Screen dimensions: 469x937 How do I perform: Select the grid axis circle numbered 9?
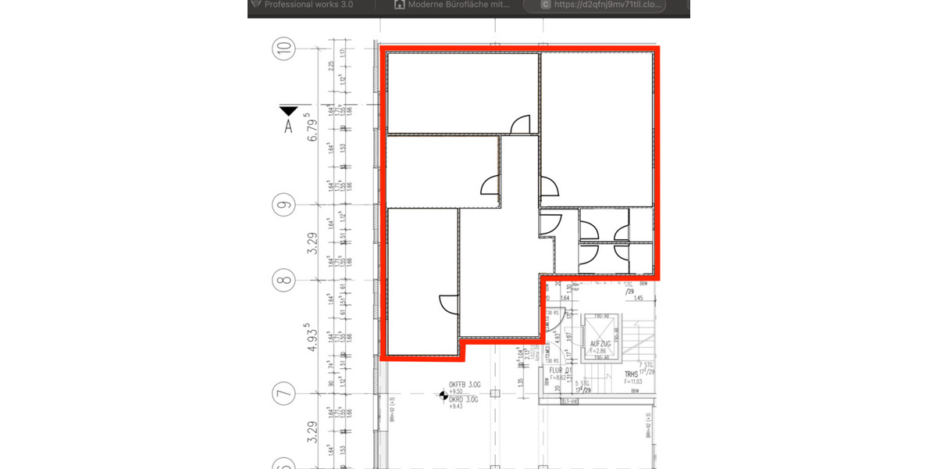pyautogui.click(x=284, y=206)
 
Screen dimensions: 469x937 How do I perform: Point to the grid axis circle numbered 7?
pyautogui.click(x=284, y=394)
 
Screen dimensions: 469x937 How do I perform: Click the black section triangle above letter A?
pyautogui.click(x=289, y=110)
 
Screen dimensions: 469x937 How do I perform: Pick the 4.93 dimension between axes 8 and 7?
pyautogui.click(x=315, y=338)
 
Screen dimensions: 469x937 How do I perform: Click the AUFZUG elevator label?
pyautogui.click(x=600, y=344)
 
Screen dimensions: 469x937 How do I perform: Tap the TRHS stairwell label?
pyautogui.click(x=631, y=374)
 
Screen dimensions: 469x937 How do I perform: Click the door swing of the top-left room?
pyautogui.click(x=520, y=124)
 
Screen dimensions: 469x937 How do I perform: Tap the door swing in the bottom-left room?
pyautogui.click(x=449, y=305)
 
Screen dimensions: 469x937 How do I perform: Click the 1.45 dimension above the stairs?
pyautogui.click(x=638, y=298)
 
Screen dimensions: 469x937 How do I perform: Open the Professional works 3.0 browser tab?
pyautogui.click(x=308, y=5)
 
